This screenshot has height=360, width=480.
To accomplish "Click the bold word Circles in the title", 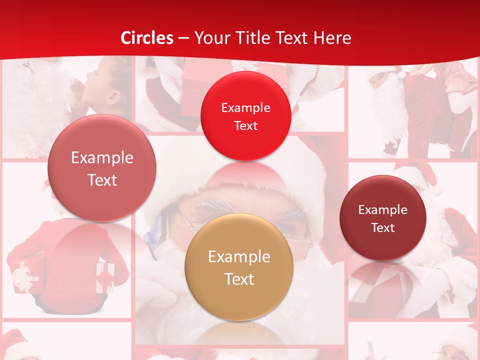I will pyautogui.click(x=147, y=38).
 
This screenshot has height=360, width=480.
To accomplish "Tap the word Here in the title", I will pyautogui.click(x=332, y=38).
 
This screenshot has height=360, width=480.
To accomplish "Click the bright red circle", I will pyautogui.click(x=245, y=115).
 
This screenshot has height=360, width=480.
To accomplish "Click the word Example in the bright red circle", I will pyautogui.click(x=245, y=107).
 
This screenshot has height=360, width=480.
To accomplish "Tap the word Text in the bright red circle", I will pyautogui.click(x=245, y=125).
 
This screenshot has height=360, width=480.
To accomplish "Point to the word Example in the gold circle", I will pyautogui.click(x=239, y=257).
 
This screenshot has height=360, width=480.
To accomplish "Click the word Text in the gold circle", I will pyautogui.click(x=239, y=279).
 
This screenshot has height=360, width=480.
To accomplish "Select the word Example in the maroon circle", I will pyautogui.click(x=383, y=209).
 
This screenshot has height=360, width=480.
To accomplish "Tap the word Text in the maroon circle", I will pyautogui.click(x=383, y=227).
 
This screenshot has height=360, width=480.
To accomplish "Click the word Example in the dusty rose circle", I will pyautogui.click(x=102, y=158).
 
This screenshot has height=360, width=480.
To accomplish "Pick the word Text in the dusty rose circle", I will pyautogui.click(x=102, y=180).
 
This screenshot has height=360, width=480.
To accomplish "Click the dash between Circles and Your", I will pyautogui.click(x=183, y=38).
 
